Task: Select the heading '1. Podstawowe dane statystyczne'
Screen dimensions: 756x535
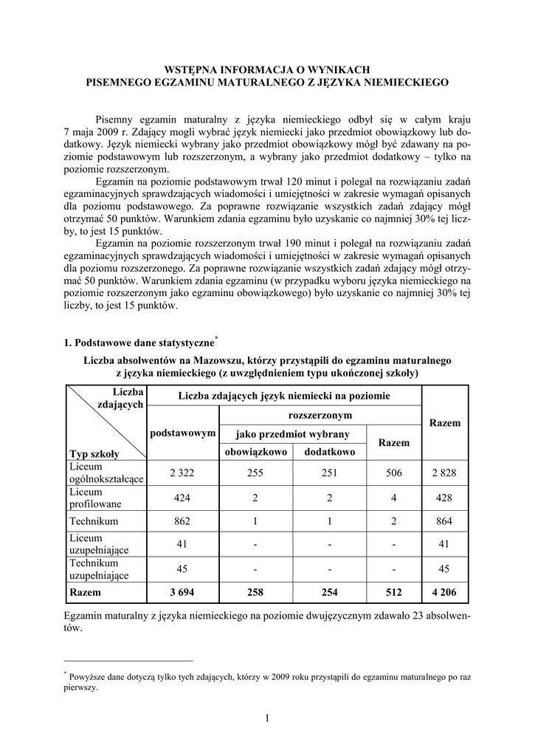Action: (138, 343)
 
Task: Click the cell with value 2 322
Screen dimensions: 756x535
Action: (182, 474)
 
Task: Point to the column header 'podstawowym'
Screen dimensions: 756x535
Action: (182, 433)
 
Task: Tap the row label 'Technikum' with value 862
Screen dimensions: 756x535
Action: (94, 520)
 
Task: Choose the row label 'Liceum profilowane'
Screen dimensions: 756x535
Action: (94, 498)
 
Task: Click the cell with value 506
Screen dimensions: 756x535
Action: (394, 474)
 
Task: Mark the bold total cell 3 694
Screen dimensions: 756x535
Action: (182, 591)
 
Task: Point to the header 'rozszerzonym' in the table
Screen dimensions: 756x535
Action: (320, 415)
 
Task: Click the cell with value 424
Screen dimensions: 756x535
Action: (182, 498)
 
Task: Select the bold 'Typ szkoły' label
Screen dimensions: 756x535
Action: (94, 453)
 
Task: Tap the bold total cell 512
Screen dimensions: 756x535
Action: (394, 591)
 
